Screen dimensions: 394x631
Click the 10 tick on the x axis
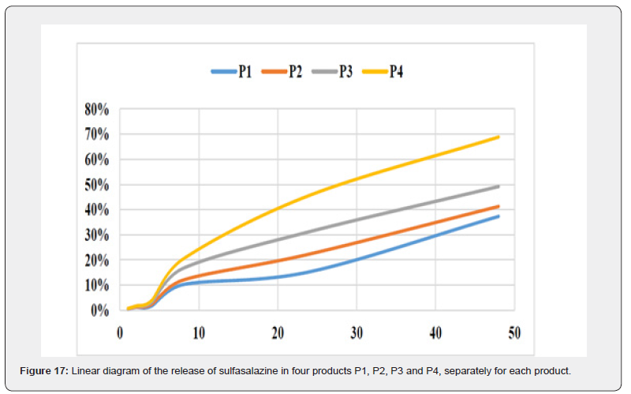click(x=198, y=333)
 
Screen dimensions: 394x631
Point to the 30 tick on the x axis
click(x=356, y=333)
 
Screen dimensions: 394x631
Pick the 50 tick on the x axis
click(x=513, y=333)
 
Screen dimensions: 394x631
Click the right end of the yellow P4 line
click(x=498, y=137)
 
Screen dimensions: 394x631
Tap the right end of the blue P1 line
click(x=498, y=216)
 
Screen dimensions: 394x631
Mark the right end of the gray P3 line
click(x=498, y=186)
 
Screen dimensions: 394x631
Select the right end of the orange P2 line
click(x=498, y=206)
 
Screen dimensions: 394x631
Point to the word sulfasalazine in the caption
click(x=216, y=370)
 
